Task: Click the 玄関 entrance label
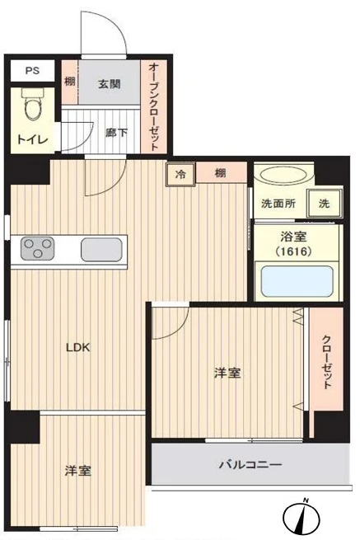(109, 83)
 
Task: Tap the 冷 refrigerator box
(180, 173)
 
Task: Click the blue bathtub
(295, 281)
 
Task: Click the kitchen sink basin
(102, 248)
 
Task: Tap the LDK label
(78, 347)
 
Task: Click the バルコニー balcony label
(250, 465)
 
